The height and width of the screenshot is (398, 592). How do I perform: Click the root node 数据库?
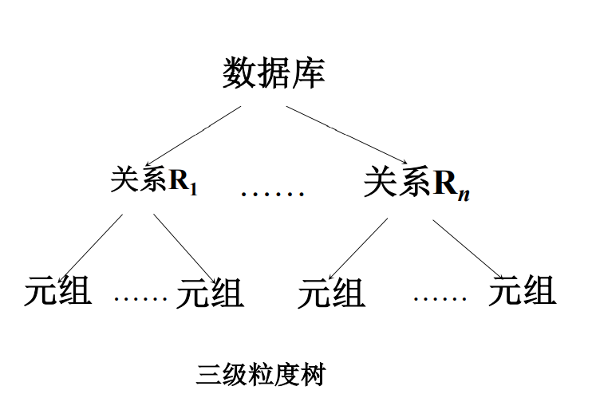[274, 73]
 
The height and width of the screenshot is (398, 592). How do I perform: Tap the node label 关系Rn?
[416, 183]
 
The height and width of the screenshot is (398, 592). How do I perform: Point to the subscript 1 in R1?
[194, 190]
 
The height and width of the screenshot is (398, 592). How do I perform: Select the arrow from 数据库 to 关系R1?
[194, 136]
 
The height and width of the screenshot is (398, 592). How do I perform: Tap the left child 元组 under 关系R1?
[58, 291]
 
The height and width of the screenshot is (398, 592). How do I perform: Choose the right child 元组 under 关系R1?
[210, 293]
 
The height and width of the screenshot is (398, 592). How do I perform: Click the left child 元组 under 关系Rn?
[331, 293]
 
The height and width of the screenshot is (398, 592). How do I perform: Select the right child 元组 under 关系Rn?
[522, 290]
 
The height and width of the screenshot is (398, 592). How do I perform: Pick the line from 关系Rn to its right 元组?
[467, 248]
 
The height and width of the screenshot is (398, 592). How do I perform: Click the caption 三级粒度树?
[262, 373]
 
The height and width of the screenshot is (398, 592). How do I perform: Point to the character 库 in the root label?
[308, 73]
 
